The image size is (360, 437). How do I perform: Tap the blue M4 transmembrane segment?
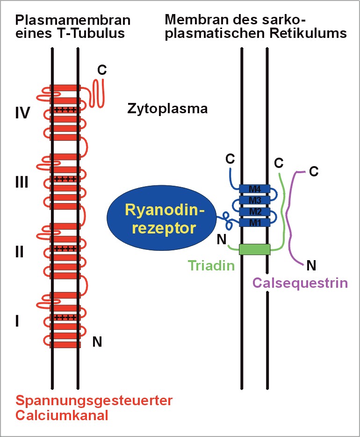254,189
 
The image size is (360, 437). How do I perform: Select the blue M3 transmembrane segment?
254,200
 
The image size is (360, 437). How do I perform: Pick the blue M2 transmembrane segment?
254,211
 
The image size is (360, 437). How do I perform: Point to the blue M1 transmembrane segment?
254,222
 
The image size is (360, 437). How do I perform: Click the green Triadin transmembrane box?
254,249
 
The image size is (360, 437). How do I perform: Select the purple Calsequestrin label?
299,282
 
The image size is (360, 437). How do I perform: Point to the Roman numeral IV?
22,113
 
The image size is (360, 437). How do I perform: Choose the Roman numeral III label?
21,182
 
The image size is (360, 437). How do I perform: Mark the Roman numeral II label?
19,252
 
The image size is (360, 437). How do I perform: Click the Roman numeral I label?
17,321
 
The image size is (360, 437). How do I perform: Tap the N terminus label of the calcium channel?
97,342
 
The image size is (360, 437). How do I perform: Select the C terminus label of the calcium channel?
101,70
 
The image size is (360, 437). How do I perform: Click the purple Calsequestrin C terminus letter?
314,171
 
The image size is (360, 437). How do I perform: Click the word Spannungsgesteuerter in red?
94,401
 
